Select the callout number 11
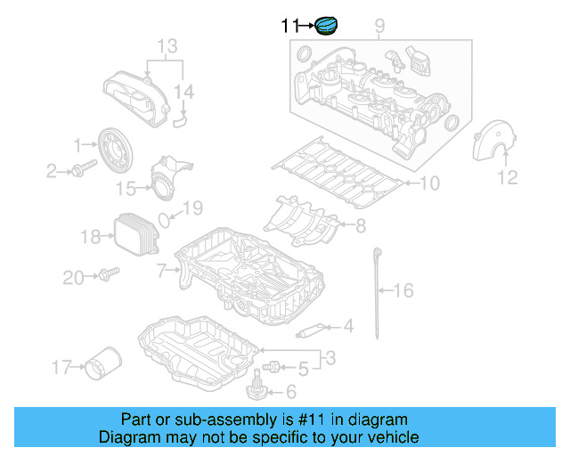(x=289, y=27)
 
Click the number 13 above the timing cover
(x=167, y=45)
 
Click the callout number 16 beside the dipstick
(x=403, y=290)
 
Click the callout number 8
(x=361, y=226)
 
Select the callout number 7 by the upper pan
(x=161, y=269)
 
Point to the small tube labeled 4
(x=309, y=333)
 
